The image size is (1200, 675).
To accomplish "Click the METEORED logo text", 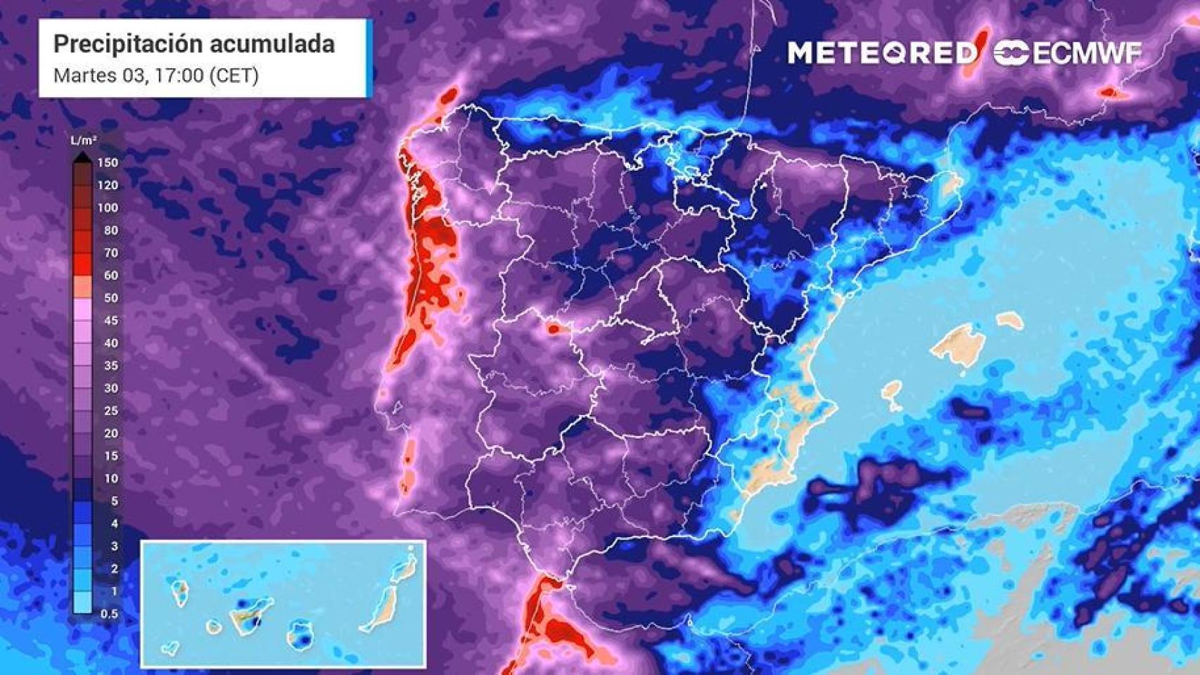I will (882, 53).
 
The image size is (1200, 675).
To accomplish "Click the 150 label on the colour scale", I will (108, 162).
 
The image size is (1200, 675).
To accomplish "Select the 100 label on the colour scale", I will (108, 207).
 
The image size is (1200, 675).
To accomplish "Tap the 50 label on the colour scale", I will (110, 297).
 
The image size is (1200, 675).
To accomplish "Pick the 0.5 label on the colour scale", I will (109, 614).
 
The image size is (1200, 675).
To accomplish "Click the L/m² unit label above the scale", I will (83, 141).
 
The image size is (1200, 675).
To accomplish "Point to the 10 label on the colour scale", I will (110, 478).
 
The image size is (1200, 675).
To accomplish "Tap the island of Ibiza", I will (892, 394).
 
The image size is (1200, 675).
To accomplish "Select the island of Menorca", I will (1010, 320).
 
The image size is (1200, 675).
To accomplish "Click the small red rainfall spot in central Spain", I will (554, 328).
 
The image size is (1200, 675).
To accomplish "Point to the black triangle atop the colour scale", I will (83, 157).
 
